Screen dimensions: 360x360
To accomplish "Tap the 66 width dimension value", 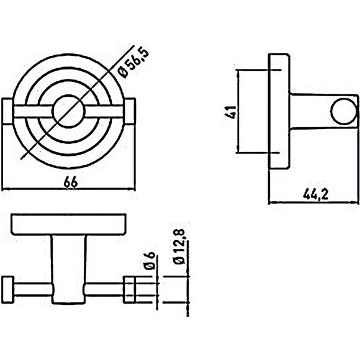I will pos(71,181).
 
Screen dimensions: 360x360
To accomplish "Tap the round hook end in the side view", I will pos(341,111).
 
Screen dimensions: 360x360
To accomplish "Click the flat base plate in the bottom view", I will pos(70,225).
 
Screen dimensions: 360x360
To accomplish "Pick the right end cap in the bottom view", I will pos(130,289).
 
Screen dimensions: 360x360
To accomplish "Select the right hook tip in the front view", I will pos(132,112).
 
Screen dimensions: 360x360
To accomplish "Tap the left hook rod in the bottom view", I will pos(31,289).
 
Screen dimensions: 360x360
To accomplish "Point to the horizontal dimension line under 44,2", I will pos(313,202).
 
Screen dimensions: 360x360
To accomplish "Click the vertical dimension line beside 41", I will pos(239,112).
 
